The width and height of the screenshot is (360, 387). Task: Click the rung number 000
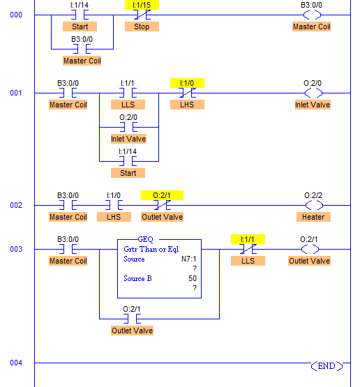(16, 15)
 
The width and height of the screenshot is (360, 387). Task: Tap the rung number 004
(16, 363)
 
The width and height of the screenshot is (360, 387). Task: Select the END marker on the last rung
(327, 366)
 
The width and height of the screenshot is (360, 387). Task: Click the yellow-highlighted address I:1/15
(142, 5)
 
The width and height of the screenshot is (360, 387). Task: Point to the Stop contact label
(142, 26)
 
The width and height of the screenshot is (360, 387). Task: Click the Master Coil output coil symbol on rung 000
(312, 15)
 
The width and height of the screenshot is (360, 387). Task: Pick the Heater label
(313, 217)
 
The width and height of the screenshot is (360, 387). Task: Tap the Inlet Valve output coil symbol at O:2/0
(313, 93)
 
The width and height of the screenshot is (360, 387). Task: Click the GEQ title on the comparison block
(145, 239)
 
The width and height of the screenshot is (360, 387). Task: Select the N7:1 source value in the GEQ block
(189, 259)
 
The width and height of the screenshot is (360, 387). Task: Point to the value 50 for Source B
(193, 278)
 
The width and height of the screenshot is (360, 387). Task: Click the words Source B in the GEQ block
(137, 278)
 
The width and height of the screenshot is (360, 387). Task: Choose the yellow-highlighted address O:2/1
(162, 195)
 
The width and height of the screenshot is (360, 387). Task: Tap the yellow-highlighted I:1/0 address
(187, 83)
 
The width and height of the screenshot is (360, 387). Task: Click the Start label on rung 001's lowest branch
(128, 173)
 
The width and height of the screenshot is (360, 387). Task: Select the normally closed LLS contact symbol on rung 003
(248, 249)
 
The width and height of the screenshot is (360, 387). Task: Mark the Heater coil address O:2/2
(313, 195)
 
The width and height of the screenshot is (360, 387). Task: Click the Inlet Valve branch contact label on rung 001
(128, 139)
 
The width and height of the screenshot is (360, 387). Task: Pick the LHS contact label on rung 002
(114, 217)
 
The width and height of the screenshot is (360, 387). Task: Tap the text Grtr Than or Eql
(151, 249)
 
